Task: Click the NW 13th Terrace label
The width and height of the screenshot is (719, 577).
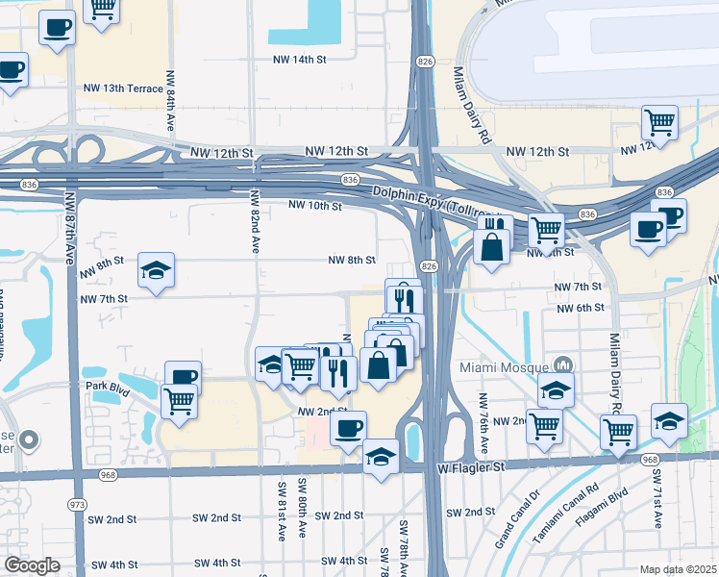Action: coord(119,88)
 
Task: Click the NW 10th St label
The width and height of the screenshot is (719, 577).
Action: coord(315,206)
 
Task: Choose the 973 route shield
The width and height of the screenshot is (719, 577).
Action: coord(77,504)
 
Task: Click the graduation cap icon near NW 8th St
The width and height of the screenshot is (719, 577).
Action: coord(156,270)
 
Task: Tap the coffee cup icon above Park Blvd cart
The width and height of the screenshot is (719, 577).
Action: coord(183,377)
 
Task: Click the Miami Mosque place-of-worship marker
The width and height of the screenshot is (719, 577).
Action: coord(563,365)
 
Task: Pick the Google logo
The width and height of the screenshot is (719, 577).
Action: coord(32,565)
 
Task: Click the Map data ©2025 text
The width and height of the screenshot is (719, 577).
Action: coord(678,569)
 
